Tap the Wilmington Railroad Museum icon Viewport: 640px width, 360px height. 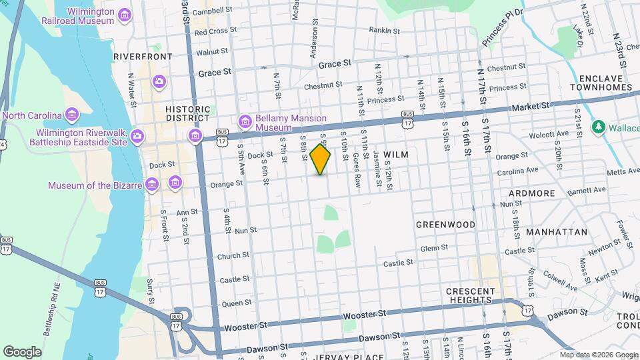pos(124,15)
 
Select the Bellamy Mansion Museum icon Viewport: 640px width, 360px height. pos(245,121)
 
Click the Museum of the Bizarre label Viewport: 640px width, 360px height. pos(95,184)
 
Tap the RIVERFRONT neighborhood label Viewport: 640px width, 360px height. pos(143,57)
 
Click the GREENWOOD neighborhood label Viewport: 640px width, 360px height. pos(446,225)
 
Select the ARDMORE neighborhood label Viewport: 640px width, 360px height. pos(531,193)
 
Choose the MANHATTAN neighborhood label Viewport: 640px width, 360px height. pos(557,232)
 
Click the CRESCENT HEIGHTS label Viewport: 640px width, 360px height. pos(471,296)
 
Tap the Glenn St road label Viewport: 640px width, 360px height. pos(434,248)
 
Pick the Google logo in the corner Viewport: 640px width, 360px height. pos(22,352)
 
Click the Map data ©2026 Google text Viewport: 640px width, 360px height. pos(598,355)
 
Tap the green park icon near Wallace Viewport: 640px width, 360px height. pos(598,126)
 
